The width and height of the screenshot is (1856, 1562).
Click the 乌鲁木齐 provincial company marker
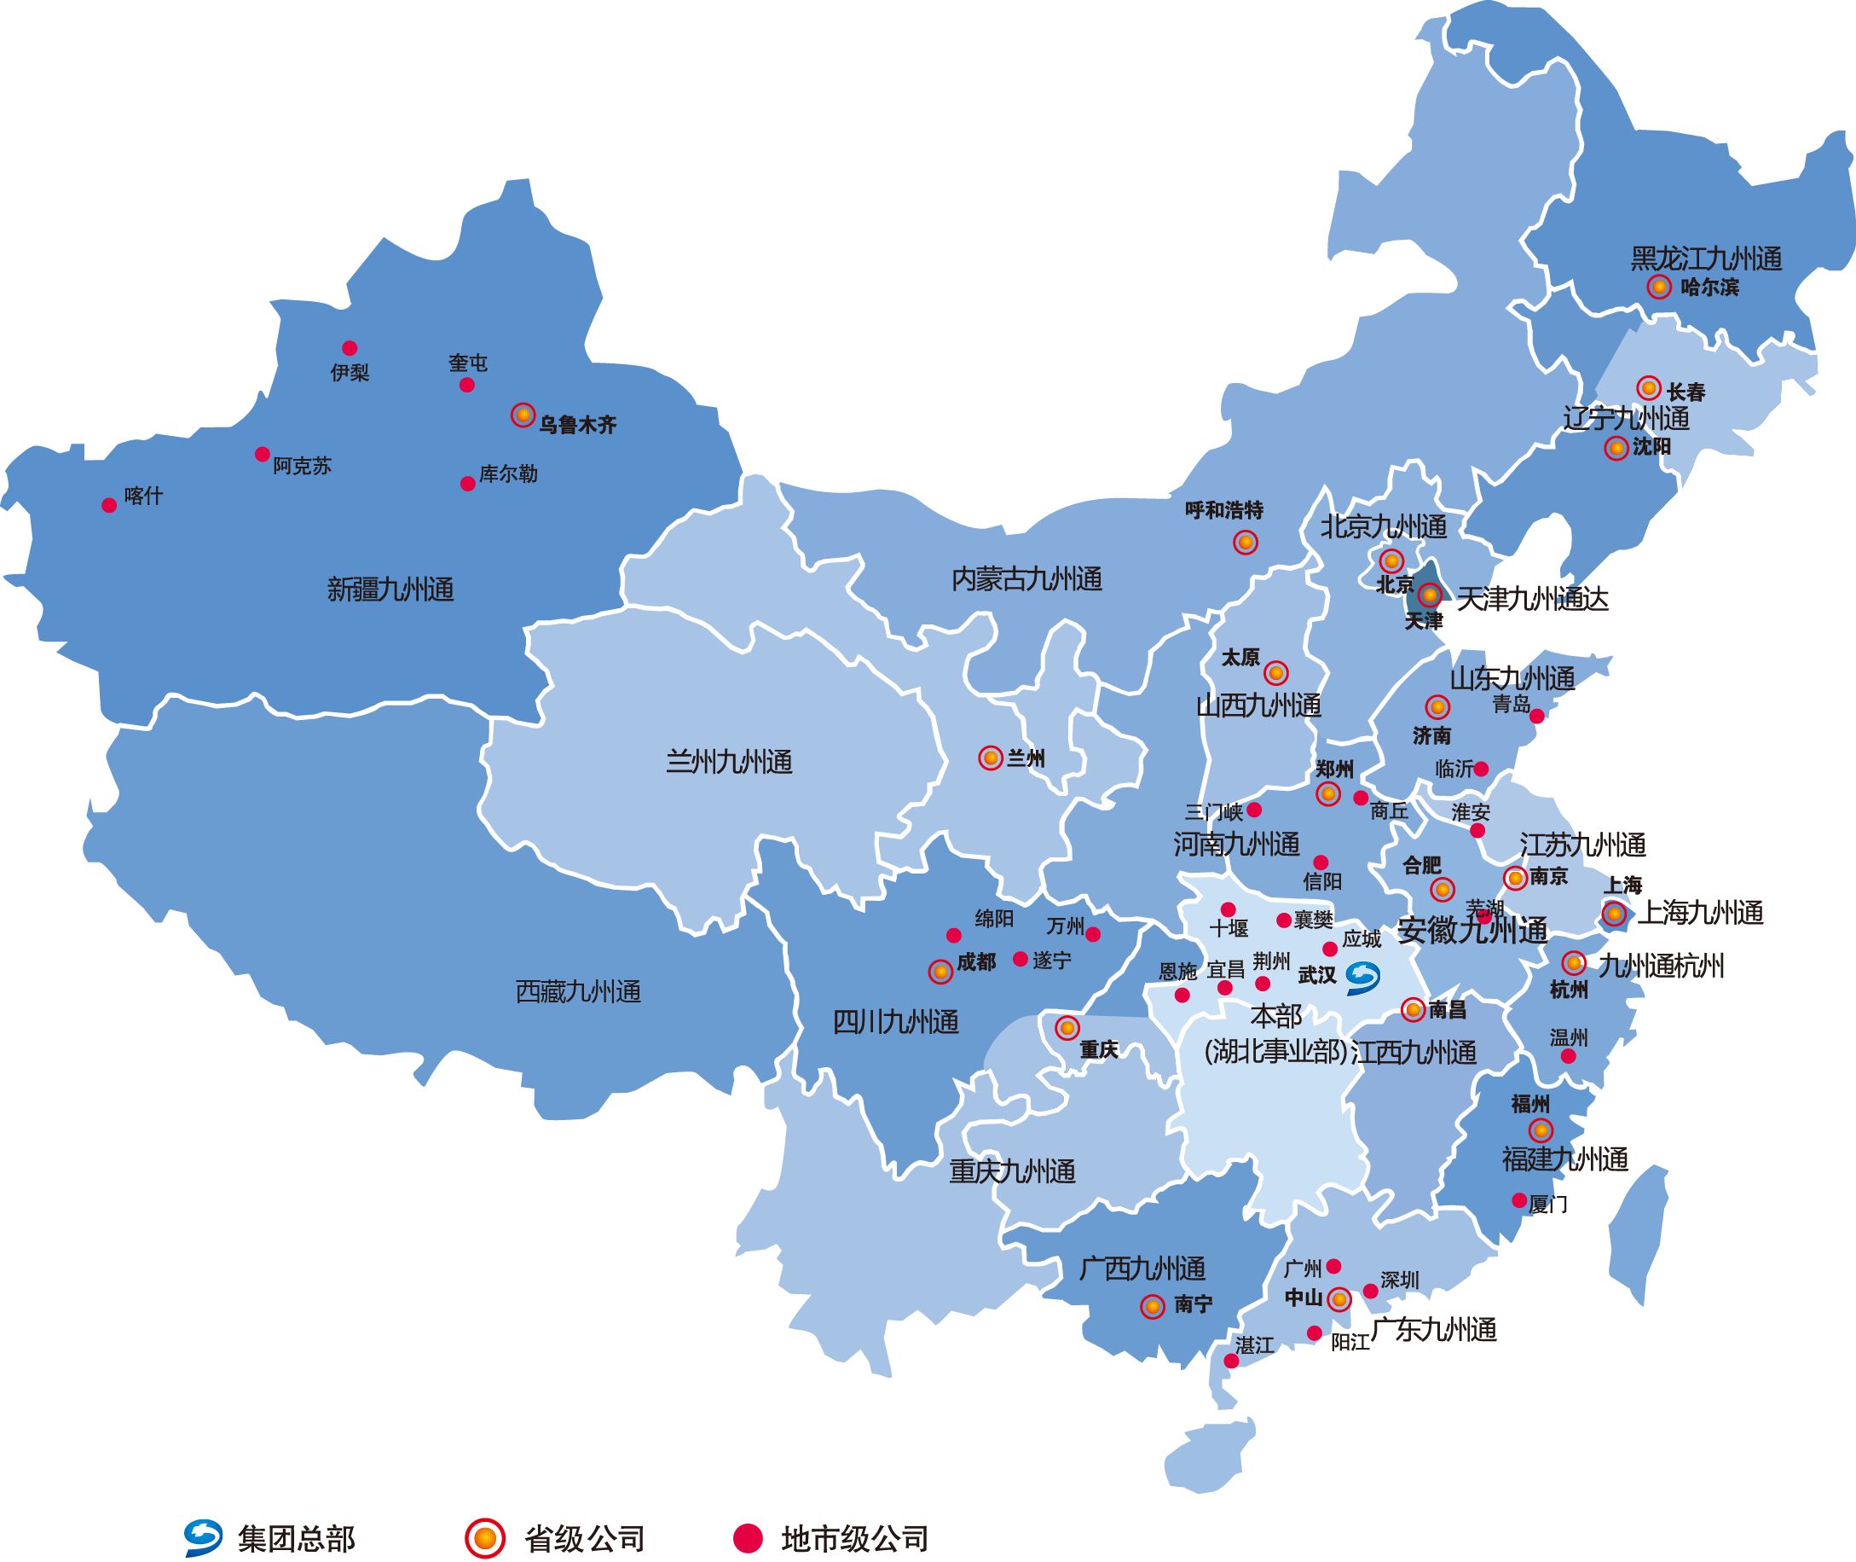[x=523, y=415]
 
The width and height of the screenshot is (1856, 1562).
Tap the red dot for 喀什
[x=109, y=505]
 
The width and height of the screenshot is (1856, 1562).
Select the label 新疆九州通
[x=390, y=589]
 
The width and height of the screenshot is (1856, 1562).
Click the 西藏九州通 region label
[x=578, y=992]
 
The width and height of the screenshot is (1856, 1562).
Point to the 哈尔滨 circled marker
[x=1658, y=287]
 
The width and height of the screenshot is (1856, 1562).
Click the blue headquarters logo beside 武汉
[x=1362, y=975]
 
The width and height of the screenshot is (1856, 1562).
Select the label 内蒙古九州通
[x=1026, y=580]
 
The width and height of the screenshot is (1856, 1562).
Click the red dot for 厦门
[x=1518, y=1201]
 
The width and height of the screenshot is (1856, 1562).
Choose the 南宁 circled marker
[x=1152, y=1306]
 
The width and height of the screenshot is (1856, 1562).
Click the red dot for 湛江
[x=1231, y=1361]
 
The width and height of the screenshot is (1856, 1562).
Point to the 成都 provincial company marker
[x=940, y=972]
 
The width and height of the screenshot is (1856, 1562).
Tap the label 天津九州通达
[x=1532, y=600]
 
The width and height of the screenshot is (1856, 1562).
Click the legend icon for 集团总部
[x=204, y=1538]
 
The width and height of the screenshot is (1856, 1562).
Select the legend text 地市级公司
[x=855, y=1539]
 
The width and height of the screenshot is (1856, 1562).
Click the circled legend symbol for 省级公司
[x=484, y=1538]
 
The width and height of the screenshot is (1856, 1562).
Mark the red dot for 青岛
[x=1536, y=716]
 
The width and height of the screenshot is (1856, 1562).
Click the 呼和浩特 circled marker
[x=1246, y=542]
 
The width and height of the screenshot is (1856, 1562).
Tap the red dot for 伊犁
[x=350, y=348]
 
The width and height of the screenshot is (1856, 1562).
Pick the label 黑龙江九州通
[x=1706, y=258]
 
